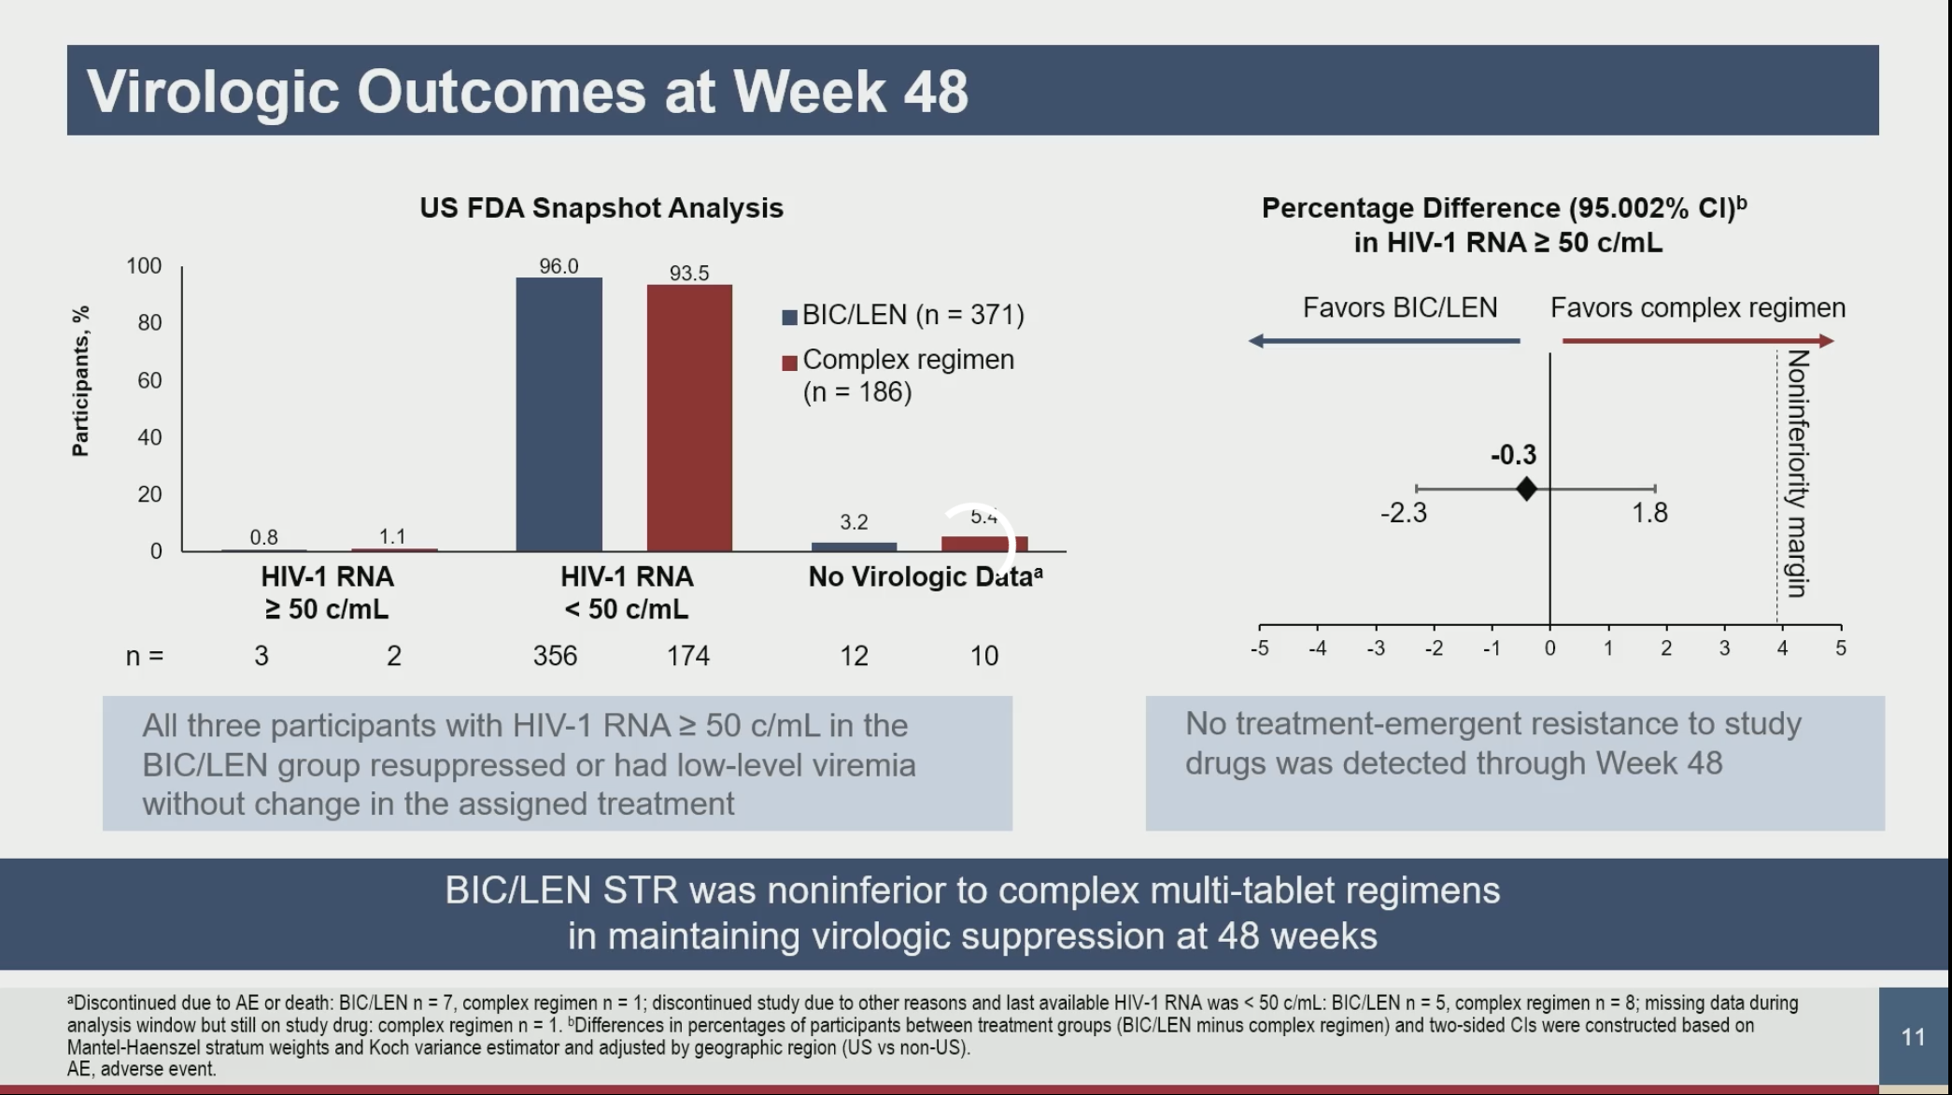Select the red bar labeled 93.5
(689, 418)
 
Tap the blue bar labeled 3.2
(854, 547)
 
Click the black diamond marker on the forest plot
(1526, 489)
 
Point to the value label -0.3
(1513, 455)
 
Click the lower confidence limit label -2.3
(1403, 513)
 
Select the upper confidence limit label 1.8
(1649, 512)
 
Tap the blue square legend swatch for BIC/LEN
(789, 317)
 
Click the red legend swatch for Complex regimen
(789, 363)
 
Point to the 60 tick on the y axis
(149, 380)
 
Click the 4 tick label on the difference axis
(1782, 647)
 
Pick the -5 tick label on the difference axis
(1259, 647)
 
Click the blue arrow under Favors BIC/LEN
(1383, 341)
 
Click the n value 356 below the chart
(555, 656)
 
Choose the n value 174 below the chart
(688, 656)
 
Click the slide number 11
(1913, 1037)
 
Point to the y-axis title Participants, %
(80, 381)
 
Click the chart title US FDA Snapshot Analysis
(601, 207)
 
